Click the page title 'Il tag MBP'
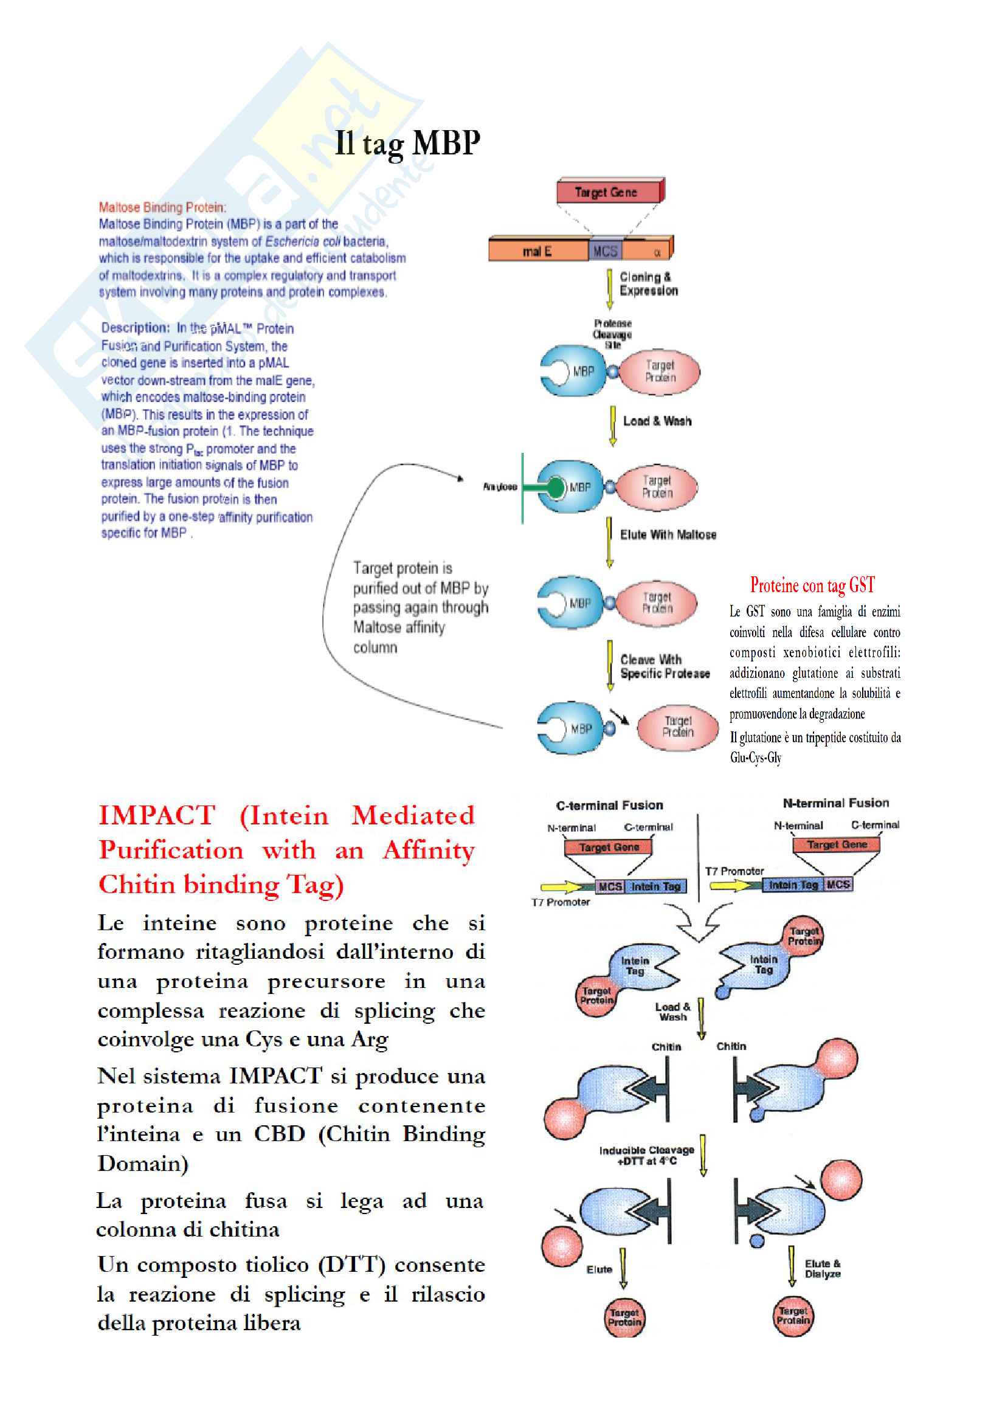(x=407, y=143)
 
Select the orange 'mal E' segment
(x=537, y=251)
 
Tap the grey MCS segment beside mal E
(x=605, y=251)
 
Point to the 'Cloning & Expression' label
(x=648, y=284)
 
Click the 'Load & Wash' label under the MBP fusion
(x=657, y=421)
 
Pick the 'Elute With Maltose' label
(x=668, y=534)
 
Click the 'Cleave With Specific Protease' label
(x=665, y=666)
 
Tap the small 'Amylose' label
(x=500, y=487)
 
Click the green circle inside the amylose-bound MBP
(x=556, y=488)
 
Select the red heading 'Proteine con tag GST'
(x=812, y=585)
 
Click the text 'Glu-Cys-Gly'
(x=756, y=758)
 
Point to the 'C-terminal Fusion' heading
(x=609, y=805)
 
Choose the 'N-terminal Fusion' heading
(x=835, y=802)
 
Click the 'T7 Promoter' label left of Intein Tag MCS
(x=734, y=871)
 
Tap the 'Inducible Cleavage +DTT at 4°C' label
(x=646, y=1155)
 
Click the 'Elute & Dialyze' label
(x=823, y=1268)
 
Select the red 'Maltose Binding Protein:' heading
(x=162, y=207)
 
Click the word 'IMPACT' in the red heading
(x=157, y=815)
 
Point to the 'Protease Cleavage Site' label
(x=612, y=334)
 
